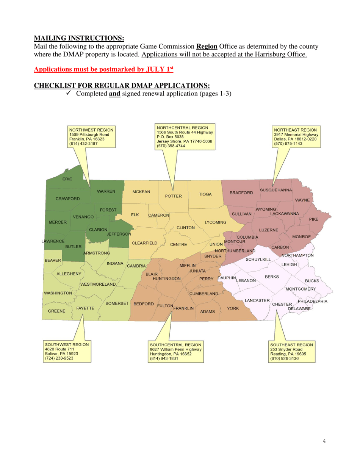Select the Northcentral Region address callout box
185,136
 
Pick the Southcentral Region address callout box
176,352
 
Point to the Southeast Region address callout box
291,352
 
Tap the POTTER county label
173,196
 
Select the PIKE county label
314,219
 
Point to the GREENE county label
56,311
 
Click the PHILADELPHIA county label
313,302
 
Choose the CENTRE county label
178,244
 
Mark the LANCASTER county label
257,300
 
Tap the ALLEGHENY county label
69,274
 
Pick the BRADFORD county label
241,193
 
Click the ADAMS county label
208,311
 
